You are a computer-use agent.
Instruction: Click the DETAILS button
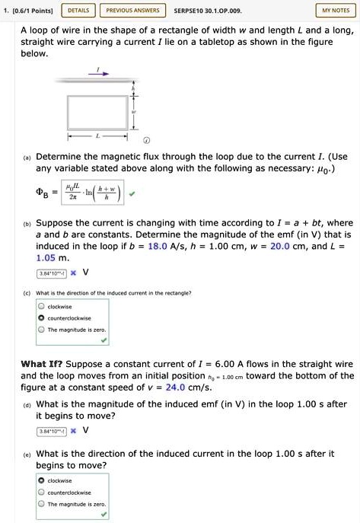[78, 11]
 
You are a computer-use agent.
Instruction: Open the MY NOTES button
[335, 11]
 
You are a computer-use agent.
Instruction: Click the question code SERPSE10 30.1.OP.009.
[207, 11]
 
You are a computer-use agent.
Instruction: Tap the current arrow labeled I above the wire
[97, 71]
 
